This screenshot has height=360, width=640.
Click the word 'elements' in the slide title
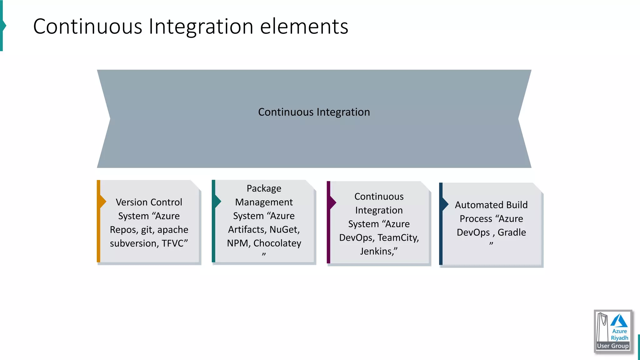pos(304,27)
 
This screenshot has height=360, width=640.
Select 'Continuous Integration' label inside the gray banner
pos(314,112)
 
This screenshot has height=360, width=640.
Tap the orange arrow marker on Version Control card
pos(102,202)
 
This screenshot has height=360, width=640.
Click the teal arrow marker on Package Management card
pos(217,201)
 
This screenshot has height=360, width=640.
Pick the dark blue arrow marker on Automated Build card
pos(445,205)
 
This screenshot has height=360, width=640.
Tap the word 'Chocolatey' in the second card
pos(277,243)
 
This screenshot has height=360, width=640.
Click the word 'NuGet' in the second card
pos(284,230)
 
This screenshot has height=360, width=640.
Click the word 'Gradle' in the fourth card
pos(512,232)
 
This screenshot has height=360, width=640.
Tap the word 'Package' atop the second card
pos(264,188)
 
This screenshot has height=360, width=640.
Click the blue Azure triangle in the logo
pos(619,321)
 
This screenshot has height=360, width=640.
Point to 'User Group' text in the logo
pos(612,346)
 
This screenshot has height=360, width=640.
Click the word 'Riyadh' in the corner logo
pos(619,338)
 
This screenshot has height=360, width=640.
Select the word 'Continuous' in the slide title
pos(88,27)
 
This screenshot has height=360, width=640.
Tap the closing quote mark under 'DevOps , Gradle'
pos(491,244)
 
